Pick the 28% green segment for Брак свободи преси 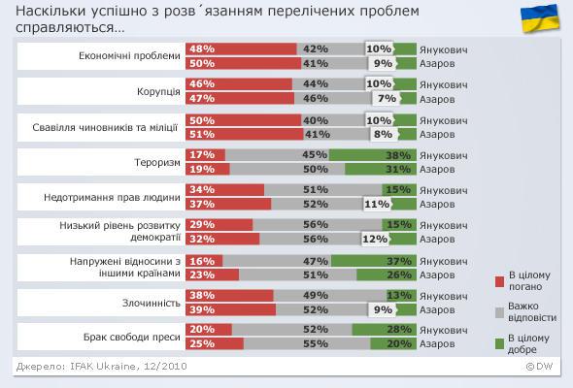click(386, 330)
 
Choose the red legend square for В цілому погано click(500, 281)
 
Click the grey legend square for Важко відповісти click(500, 313)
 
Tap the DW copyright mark click(540, 368)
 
